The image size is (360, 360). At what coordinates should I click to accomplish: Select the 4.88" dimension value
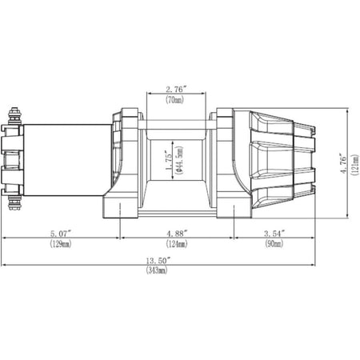pos(176,234)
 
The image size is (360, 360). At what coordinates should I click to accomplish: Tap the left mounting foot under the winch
pos(122,210)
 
